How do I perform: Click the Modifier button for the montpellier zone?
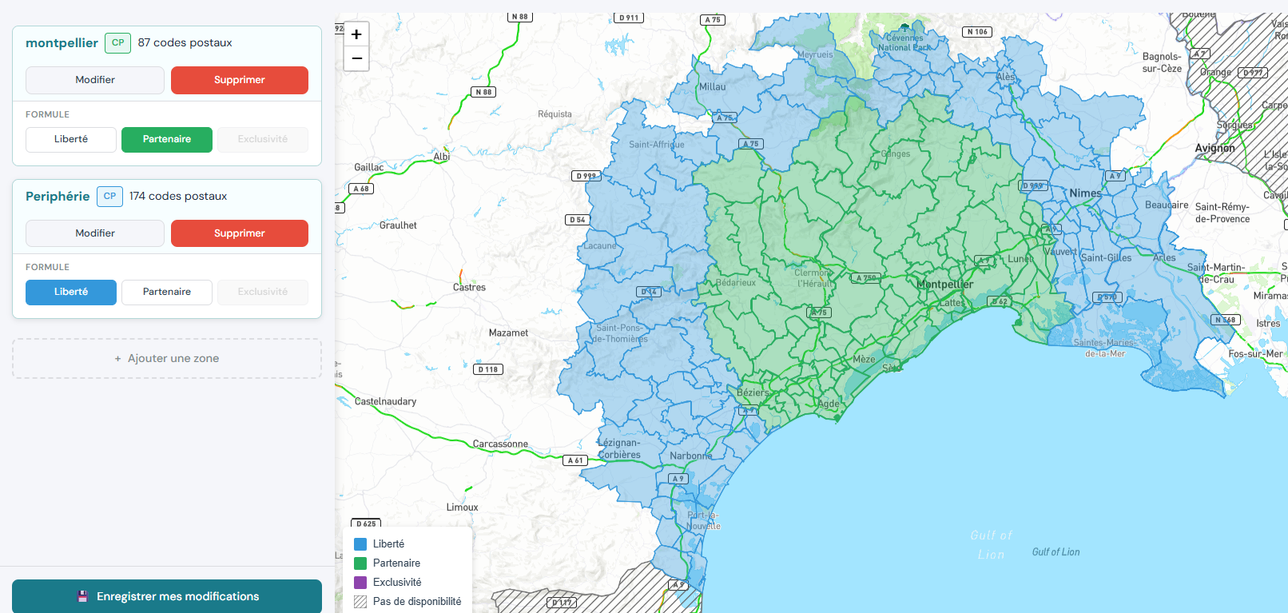(95, 80)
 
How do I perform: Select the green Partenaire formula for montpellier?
(167, 139)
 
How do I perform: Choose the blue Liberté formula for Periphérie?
(71, 292)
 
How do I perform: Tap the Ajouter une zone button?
(167, 358)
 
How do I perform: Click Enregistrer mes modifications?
(167, 596)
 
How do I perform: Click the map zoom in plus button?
(356, 34)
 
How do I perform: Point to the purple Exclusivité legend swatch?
(360, 583)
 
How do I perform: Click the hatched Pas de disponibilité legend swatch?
(360, 602)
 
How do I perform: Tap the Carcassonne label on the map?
(500, 444)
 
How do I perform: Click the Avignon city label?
(1214, 148)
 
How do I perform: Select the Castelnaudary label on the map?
(385, 401)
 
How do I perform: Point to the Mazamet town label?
(508, 332)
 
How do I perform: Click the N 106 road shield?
(976, 32)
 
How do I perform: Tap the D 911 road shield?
(629, 18)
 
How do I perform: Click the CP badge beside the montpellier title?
(117, 43)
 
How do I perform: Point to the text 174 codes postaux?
(178, 196)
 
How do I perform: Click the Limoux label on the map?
(462, 507)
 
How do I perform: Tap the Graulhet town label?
(398, 225)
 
